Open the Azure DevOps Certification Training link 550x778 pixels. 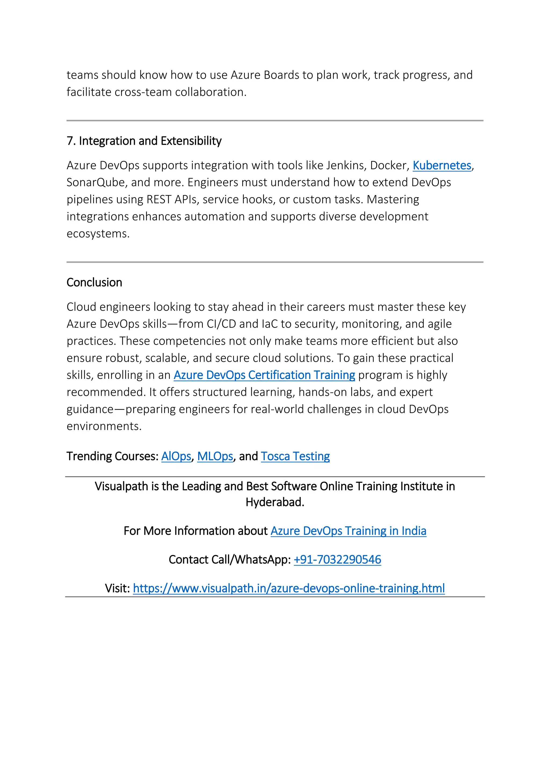tap(264, 375)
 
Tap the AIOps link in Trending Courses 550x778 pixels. tap(176, 456)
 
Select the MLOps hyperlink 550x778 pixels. tap(215, 456)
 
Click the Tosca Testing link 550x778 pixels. tap(295, 456)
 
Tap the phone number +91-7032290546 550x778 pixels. tap(337, 560)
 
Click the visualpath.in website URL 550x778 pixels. tap(288, 589)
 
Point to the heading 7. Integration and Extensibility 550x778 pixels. tap(144, 141)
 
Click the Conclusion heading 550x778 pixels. tap(94, 283)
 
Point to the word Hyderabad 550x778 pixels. tap(275, 502)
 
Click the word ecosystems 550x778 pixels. tap(98, 234)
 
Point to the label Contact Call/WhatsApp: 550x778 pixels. tap(230, 560)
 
